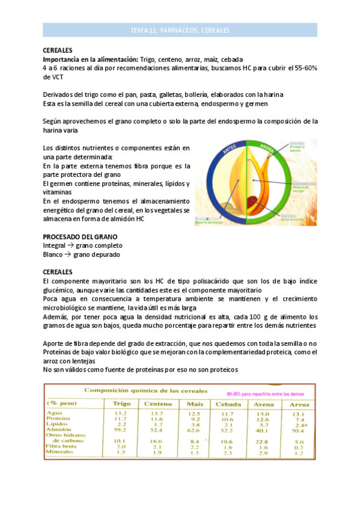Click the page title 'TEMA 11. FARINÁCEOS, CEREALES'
pyautogui.click(x=180, y=30)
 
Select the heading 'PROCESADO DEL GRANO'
pyautogui.click(x=80, y=237)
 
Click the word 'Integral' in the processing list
pyautogui.click(x=55, y=245)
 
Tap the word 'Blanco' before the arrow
pyautogui.click(x=53, y=254)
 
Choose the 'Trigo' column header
pyautogui.click(x=121, y=403)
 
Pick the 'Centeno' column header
pyautogui.click(x=158, y=403)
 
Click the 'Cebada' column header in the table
pyautogui.click(x=228, y=403)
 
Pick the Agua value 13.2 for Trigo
pyautogui.click(x=120, y=413)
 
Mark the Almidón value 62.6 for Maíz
pyautogui.click(x=194, y=430)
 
